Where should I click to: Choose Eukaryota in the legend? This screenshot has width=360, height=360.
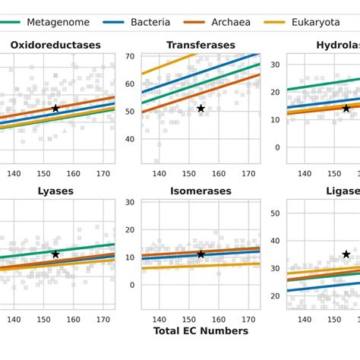[x=315, y=22]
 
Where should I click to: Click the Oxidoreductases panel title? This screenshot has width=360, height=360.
[x=55, y=46]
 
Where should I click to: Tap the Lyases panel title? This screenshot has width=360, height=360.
[x=55, y=191]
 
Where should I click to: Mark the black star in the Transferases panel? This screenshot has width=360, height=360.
[x=201, y=109]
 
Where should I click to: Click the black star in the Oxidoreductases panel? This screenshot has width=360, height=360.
[x=55, y=109]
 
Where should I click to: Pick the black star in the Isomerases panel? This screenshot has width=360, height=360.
[x=201, y=254]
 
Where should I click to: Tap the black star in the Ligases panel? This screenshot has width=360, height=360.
[x=346, y=254]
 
